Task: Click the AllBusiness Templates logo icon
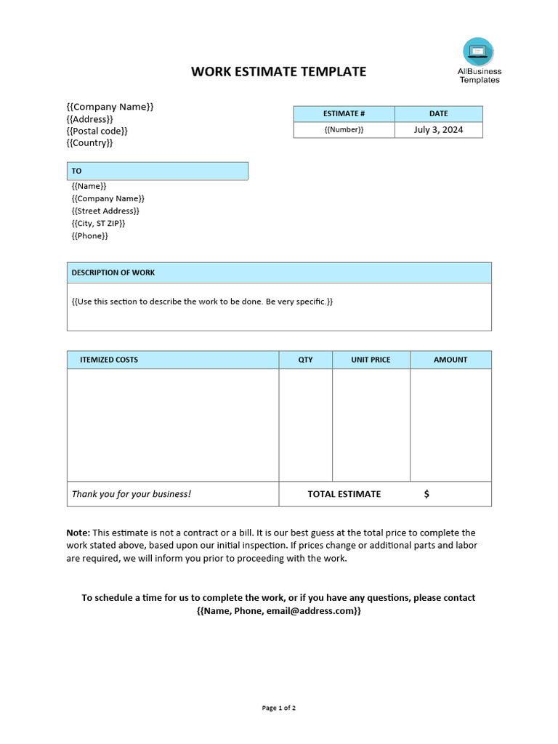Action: click(477, 52)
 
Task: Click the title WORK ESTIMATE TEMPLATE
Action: click(278, 71)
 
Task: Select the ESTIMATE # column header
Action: click(344, 114)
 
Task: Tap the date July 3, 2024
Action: click(438, 130)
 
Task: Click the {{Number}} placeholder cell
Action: click(344, 130)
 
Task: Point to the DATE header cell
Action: click(438, 114)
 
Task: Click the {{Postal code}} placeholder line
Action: click(97, 131)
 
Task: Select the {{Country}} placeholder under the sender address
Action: click(89, 143)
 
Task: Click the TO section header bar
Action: click(157, 171)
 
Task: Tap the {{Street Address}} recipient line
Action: click(105, 211)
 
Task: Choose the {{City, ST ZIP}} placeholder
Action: click(98, 223)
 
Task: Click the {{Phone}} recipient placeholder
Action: click(89, 236)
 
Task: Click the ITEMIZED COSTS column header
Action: click(109, 360)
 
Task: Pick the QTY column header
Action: click(306, 360)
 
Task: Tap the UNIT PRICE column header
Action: click(371, 360)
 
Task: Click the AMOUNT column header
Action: click(450, 360)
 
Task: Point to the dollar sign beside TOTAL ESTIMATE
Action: click(426, 494)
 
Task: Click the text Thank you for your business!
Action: click(131, 494)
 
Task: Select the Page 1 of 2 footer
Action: click(278, 708)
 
